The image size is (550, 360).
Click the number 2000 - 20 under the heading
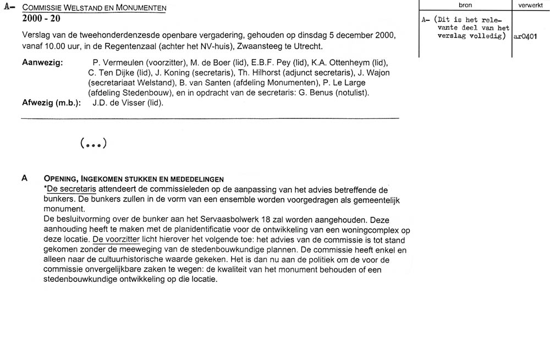click(41, 19)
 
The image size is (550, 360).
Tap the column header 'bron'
click(465, 5)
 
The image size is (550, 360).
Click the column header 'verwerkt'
click(530, 5)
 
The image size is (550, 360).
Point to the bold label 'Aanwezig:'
click(42, 63)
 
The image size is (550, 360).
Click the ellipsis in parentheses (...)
click(93, 144)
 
